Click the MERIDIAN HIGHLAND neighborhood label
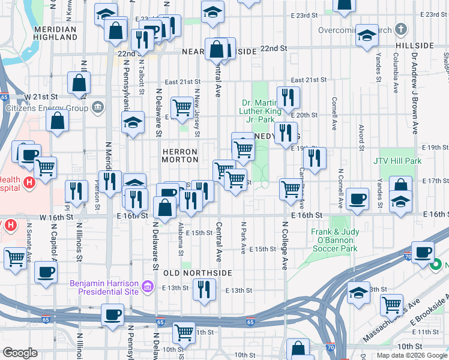55,33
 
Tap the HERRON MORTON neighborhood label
180,156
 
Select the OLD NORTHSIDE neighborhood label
197,273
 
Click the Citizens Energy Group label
47,109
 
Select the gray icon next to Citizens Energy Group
98,109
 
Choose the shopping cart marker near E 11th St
184,332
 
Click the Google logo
20,353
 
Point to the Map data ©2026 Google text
412,355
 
